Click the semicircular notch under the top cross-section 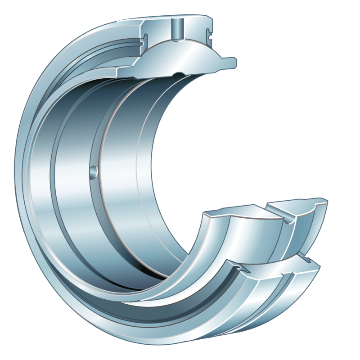point(179,74)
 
